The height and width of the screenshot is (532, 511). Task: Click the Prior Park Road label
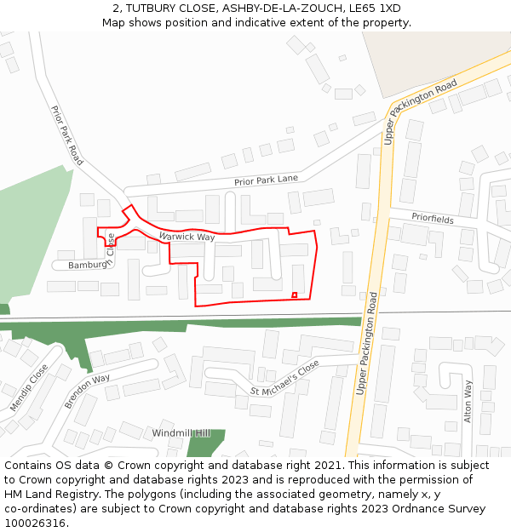[67, 135]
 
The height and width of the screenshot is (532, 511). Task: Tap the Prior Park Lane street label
[266, 180]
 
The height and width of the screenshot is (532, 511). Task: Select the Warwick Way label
[187, 236]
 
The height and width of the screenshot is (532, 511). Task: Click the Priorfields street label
[433, 218]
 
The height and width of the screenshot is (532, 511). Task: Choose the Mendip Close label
[29, 388]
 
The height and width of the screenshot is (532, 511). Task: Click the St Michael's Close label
[284, 378]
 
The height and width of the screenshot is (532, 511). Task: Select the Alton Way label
[468, 401]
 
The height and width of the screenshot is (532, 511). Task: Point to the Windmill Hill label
[181, 433]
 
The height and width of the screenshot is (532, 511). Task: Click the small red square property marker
[295, 295]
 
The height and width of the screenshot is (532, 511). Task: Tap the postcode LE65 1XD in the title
[377, 8]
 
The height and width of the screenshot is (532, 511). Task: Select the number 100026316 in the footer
[34, 523]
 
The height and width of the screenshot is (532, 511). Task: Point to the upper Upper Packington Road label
[421, 111]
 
